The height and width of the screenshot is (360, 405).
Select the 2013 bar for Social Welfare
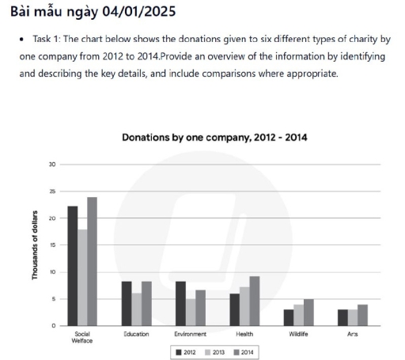82,278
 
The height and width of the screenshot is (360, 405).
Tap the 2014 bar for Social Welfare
92,262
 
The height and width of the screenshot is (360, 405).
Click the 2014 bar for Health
253,301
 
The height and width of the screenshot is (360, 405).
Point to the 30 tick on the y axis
53,165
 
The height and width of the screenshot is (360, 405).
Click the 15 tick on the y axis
53,245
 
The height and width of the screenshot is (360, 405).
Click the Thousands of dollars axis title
36,244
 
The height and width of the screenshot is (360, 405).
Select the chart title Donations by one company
214,137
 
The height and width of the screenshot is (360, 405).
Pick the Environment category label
189,335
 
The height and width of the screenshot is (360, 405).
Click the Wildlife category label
298,335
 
